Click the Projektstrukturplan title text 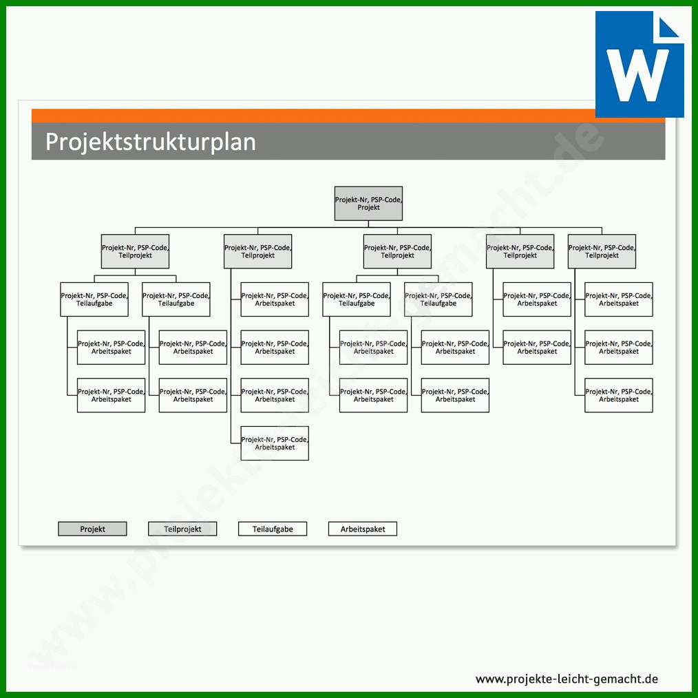tap(151, 142)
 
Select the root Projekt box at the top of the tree tap(368, 204)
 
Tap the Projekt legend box tap(93, 529)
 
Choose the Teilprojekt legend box tap(182, 529)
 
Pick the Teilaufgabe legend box tap(273, 529)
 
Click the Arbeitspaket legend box tap(362, 529)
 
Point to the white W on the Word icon tap(638, 75)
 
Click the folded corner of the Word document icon tap(668, 27)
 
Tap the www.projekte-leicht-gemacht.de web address tap(567, 679)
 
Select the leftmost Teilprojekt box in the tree tap(136, 251)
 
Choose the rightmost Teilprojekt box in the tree tap(602, 251)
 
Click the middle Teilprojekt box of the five tap(397, 251)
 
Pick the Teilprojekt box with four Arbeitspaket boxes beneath tap(257, 251)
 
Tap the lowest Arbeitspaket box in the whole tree tap(275, 443)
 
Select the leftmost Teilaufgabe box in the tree tap(94, 299)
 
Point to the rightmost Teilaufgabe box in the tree tap(438, 299)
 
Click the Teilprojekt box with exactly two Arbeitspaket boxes tap(520, 251)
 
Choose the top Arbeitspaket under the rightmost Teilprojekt tap(619, 299)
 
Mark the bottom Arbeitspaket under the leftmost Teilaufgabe tap(112, 395)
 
